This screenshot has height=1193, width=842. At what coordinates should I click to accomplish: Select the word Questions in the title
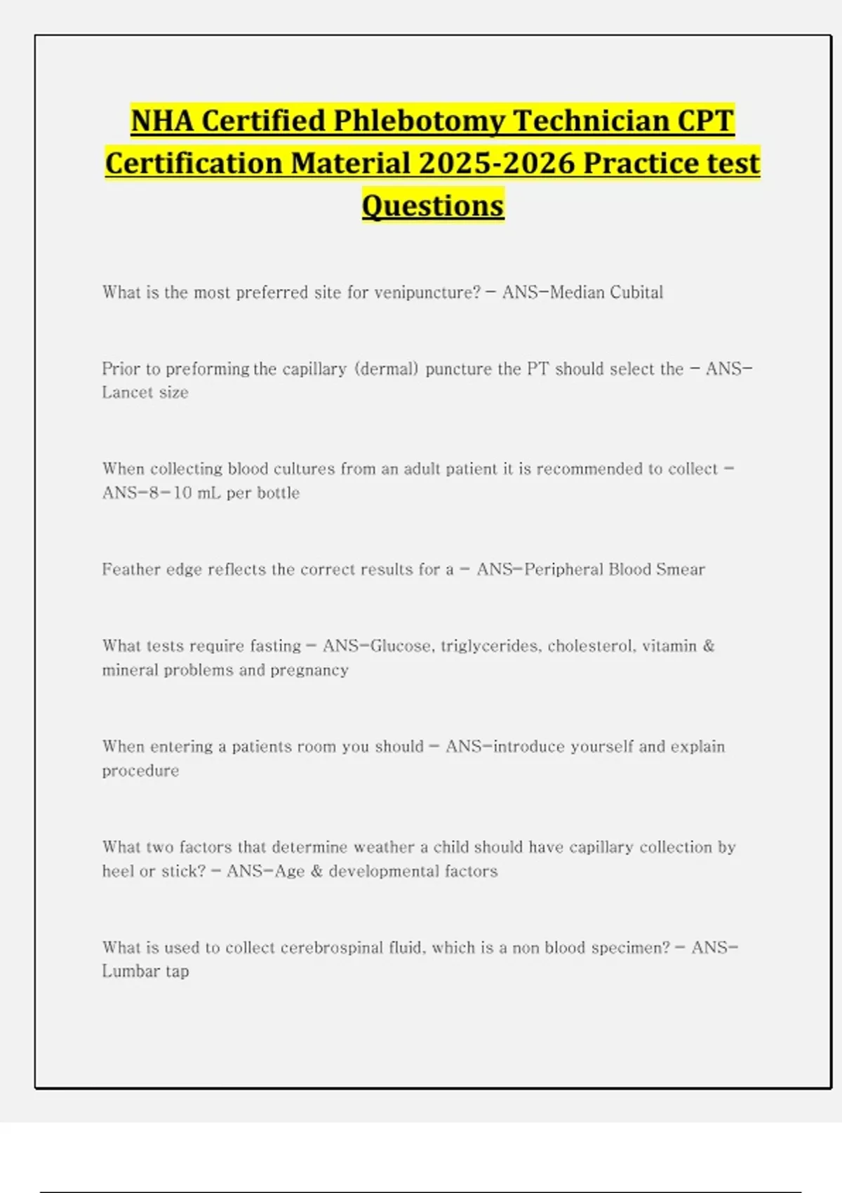[433, 206]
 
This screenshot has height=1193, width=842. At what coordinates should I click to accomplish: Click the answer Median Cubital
[606, 293]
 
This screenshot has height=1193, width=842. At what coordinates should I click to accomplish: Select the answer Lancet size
[145, 393]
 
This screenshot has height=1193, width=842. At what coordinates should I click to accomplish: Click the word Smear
[681, 570]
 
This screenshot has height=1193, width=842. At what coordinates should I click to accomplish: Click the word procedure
[140, 771]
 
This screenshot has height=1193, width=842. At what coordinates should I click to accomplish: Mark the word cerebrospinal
[331, 948]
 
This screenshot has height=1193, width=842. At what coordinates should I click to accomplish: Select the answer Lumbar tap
[145, 972]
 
